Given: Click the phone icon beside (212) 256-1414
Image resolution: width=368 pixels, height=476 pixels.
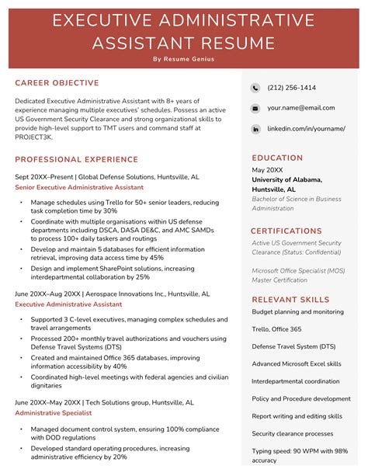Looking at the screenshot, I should [x=255, y=88].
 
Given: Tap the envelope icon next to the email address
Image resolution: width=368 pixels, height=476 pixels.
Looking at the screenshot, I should [x=255, y=108].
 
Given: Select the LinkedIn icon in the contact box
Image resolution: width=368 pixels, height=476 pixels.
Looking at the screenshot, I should [x=255, y=128].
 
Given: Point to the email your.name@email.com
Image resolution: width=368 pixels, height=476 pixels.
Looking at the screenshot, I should [x=300, y=108].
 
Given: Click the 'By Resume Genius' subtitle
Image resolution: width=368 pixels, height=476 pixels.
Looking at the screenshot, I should [x=183, y=59].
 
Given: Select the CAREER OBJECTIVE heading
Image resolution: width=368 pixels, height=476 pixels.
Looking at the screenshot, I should [x=57, y=83].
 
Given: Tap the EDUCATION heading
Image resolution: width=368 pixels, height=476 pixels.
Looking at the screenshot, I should [x=277, y=157].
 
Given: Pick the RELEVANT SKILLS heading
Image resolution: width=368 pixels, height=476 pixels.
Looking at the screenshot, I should [x=290, y=299].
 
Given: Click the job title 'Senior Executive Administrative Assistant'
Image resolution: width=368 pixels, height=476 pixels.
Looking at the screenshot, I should [x=79, y=187].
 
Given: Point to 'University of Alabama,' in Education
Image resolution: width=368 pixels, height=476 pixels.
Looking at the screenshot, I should [x=285, y=179].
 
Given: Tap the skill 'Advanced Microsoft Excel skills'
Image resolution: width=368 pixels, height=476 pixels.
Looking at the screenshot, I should [x=296, y=363].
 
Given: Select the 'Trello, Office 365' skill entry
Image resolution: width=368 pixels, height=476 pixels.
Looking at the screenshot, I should [x=277, y=328].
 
